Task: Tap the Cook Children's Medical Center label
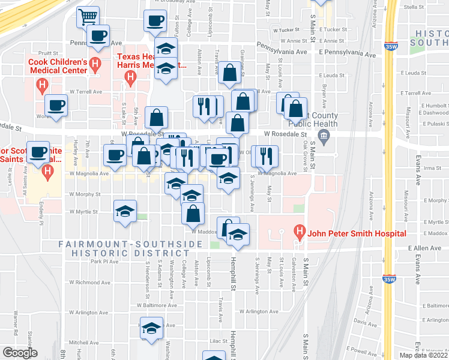(57, 66)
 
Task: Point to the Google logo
(20, 353)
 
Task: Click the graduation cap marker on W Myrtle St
(125, 211)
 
